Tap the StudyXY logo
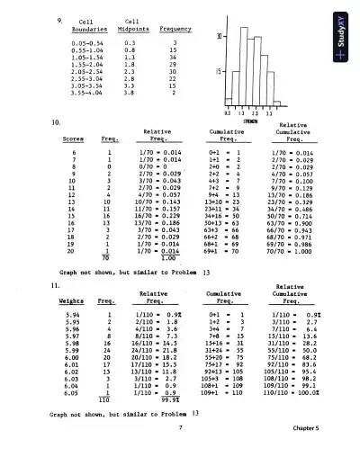pyautogui.click(x=345, y=46)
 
